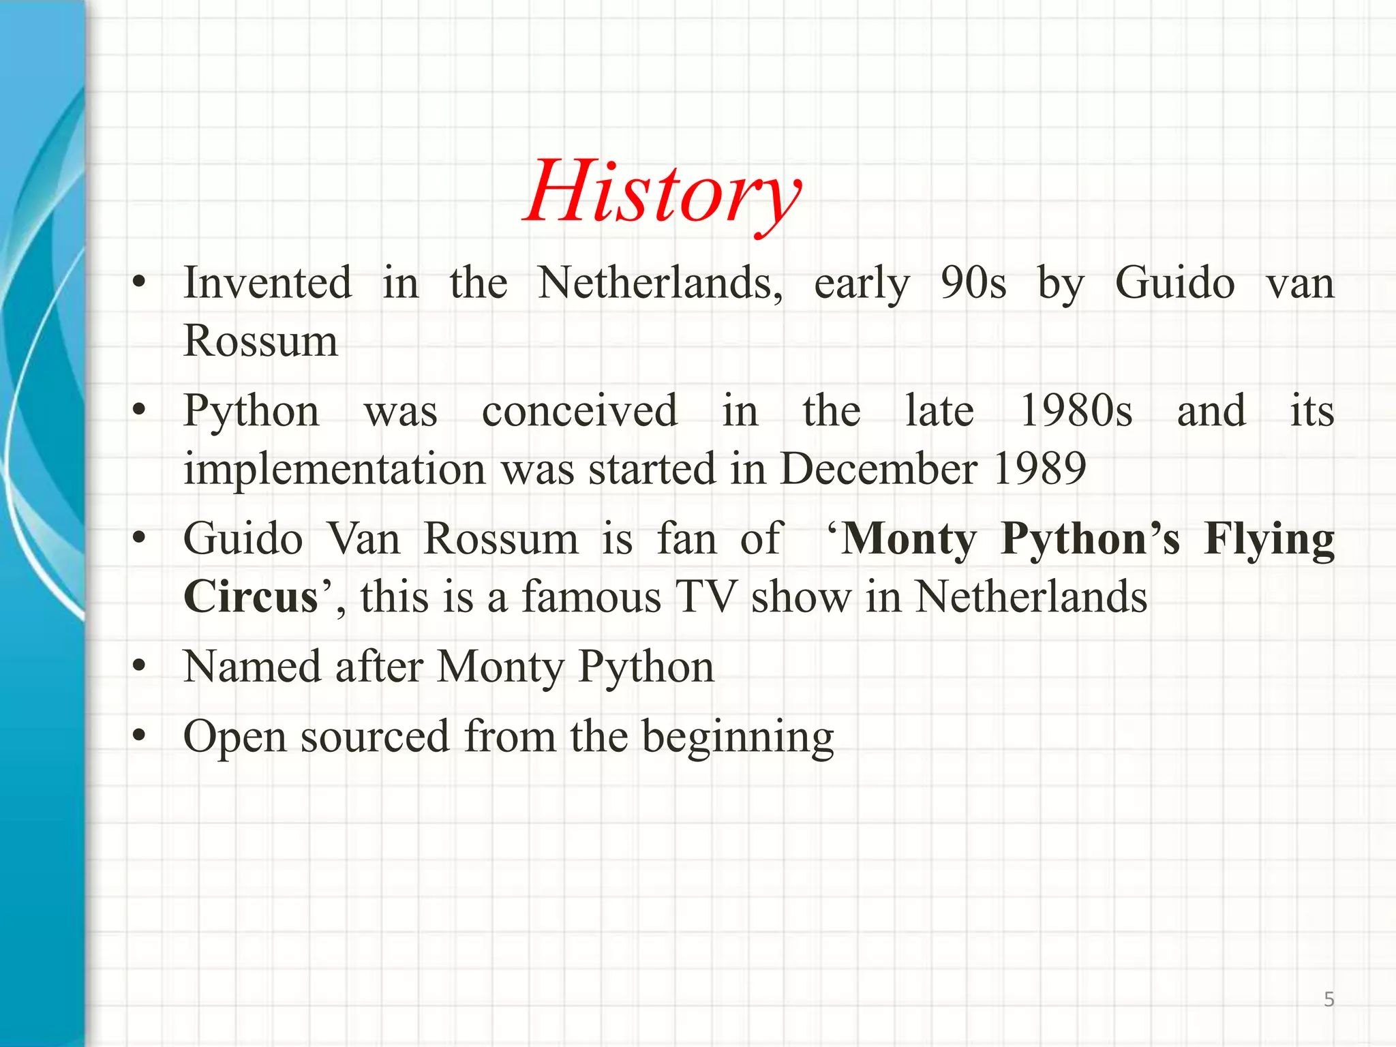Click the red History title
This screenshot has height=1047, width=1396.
pyautogui.click(x=663, y=192)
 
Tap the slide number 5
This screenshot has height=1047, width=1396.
pyautogui.click(x=1329, y=999)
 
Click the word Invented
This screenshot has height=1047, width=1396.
pyautogui.click(x=267, y=283)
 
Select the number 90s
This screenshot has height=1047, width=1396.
pyautogui.click(x=973, y=283)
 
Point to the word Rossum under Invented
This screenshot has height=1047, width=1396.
pyautogui.click(x=260, y=341)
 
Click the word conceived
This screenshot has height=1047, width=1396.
pyautogui.click(x=579, y=411)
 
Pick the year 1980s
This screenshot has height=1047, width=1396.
pyautogui.click(x=1076, y=411)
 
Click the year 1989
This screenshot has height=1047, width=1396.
pyautogui.click(x=1040, y=469)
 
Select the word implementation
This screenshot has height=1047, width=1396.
pyautogui.click(x=335, y=469)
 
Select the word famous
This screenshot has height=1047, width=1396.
pyautogui.click(x=592, y=597)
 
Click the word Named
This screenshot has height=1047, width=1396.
pyautogui.click(x=252, y=667)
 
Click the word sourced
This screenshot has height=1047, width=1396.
pyautogui.click(x=375, y=738)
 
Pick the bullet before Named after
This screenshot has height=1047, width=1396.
pyautogui.click(x=140, y=666)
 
